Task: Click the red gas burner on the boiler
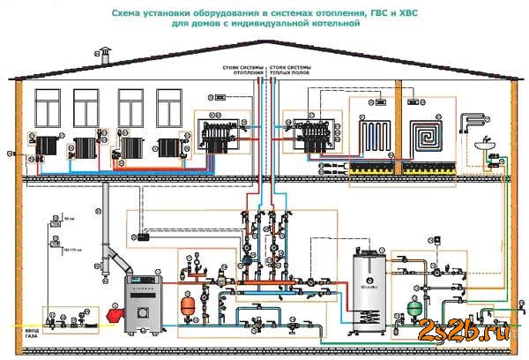tap(112, 312)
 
